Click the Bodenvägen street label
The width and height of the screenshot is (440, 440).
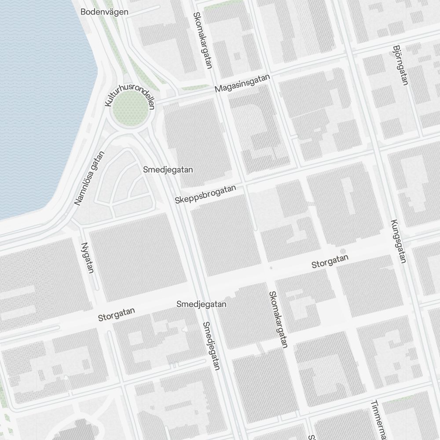click(x=104, y=12)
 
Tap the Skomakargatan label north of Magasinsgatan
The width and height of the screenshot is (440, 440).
click(x=203, y=40)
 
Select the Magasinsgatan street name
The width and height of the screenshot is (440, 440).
click(x=242, y=83)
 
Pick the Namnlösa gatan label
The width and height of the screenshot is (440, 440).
click(x=90, y=179)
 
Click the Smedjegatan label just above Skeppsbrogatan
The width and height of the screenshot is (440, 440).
click(x=168, y=170)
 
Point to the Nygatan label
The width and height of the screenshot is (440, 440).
click(x=88, y=257)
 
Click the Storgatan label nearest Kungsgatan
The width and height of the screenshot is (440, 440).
click(x=330, y=261)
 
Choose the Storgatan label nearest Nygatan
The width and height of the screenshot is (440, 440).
click(x=116, y=314)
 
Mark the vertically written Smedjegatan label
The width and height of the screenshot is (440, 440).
click(x=211, y=346)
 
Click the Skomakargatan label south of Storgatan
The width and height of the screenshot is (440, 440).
click(x=278, y=319)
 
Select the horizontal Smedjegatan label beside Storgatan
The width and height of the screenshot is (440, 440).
click(x=202, y=304)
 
